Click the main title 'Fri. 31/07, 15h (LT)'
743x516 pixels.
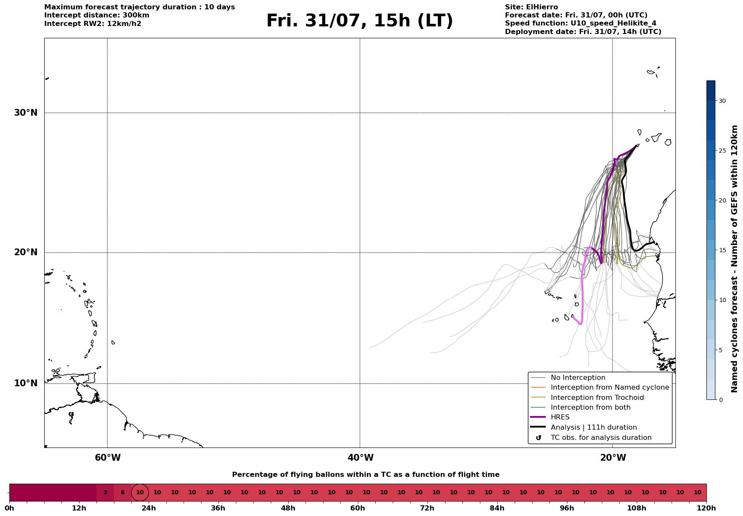click(360, 21)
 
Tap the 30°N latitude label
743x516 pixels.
click(26, 113)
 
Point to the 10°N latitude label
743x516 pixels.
click(26, 383)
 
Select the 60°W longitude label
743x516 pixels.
click(108, 458)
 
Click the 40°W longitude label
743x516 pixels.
click(360, 458)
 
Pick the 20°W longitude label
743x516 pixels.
click(613, 458)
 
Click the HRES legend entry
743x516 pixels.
click(560, 417)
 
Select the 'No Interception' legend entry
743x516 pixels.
click(578, 378)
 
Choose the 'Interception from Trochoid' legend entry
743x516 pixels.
click(597, 398)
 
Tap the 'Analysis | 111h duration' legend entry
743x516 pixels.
click(594, 428)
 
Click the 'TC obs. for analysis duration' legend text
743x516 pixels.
click(601, 438)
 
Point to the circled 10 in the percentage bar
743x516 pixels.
click(140, 493)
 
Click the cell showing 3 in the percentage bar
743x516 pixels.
click(105, 493)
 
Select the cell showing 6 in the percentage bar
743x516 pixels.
click(122, 493)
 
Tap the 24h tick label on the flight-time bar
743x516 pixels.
click(148, 508)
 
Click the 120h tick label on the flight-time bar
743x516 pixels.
click(706, 508)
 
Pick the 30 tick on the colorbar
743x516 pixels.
click(722, 101)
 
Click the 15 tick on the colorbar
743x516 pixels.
click(722, 250)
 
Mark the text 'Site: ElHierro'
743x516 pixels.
click(531, 7)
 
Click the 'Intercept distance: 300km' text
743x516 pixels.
click(97, 15)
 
